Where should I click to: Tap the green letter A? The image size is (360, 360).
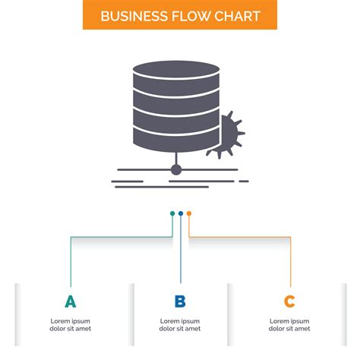[x=71, y=302]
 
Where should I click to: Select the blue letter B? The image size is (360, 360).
[x=180, y=302]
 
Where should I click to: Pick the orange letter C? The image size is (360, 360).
[x=289, y=302]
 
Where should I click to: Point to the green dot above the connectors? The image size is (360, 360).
[x=172, y=213]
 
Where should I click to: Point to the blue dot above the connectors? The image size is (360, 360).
[x=181, y=213]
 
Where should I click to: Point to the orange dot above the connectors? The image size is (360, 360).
[x=189, y=213]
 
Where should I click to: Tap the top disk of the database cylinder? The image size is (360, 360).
[x=176, y=71]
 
